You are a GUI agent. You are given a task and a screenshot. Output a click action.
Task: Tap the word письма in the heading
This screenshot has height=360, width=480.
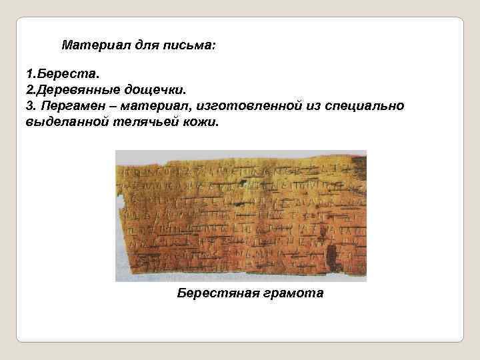pos(190,47)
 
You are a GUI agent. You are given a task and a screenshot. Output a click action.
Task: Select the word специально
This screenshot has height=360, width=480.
pos(367,107)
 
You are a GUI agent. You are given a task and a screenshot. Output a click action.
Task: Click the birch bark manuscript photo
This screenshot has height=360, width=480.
pos(241,215)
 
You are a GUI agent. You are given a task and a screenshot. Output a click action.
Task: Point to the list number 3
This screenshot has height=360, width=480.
pos(29,107)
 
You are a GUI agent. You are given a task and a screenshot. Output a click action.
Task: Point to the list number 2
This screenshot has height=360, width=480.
pos(29,89)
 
